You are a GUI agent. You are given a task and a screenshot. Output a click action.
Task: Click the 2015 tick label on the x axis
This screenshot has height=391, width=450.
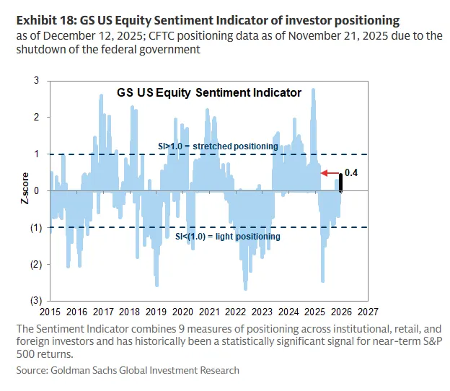pyautogui.click(x=50, y=312)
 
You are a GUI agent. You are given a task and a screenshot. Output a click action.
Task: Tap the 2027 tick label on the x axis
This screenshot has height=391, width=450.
pyautogui.click(x=367, y=312)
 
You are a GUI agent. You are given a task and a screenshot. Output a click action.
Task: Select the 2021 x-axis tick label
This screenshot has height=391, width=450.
pyautogui.click(x=208, y=312)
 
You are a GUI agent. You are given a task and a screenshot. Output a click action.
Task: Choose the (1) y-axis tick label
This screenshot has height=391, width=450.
pyautogui.click(x=35, y=227)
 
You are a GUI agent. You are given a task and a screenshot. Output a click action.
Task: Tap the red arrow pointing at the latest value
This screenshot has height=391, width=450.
pyautogui.click(x=332, y=174)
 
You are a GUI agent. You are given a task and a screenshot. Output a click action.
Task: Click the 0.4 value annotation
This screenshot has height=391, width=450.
pyautogui.click(x=351, y=174)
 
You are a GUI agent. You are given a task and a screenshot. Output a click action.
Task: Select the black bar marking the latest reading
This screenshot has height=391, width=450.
pyautogui.click(x=341, y=183)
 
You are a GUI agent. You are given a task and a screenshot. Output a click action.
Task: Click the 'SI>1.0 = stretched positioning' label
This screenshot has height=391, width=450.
pyautogui.click(x=218, y=146)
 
